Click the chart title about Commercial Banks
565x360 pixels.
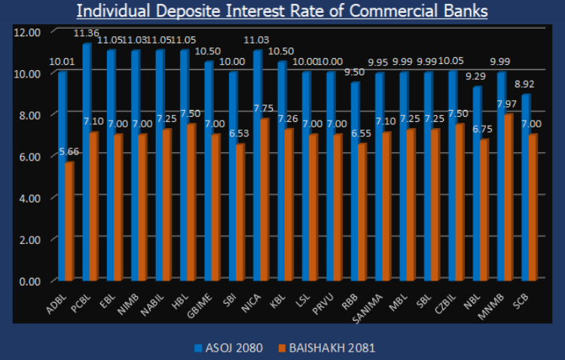pyautogui.click(x=282, y=11)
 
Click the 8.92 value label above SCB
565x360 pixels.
pyautogui.click(x=530, y=85)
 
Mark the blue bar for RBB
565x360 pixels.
pyautogui.click(x=355, y=181)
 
